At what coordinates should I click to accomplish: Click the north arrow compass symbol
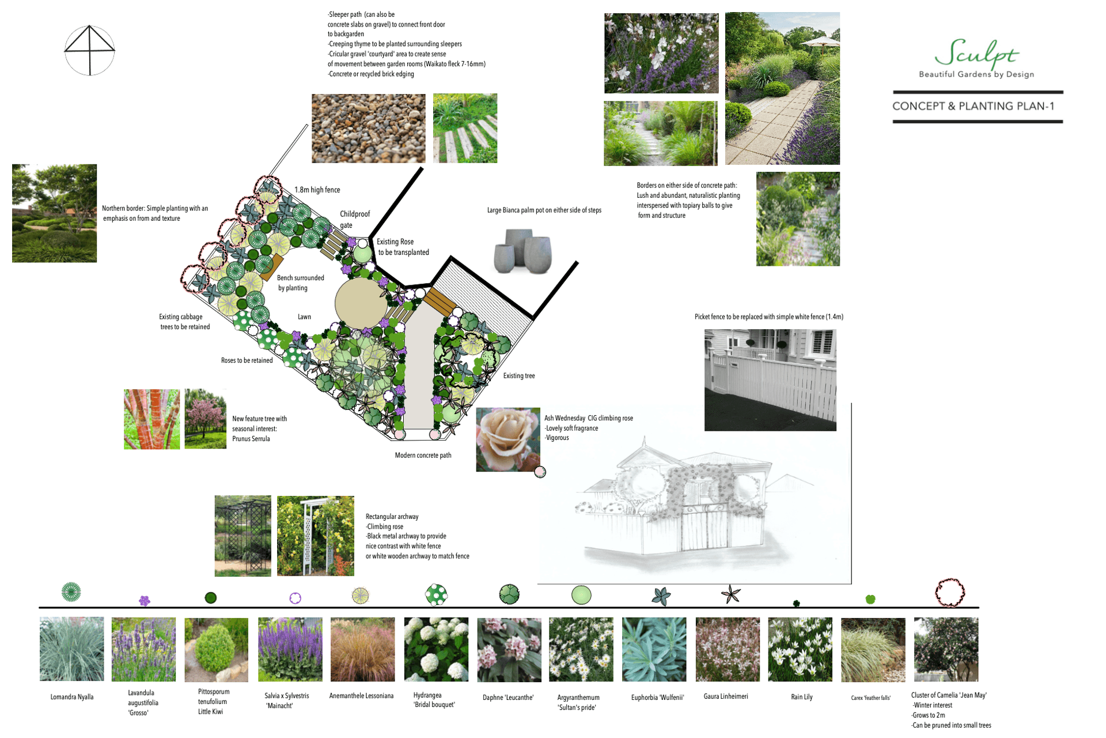coord(89,50)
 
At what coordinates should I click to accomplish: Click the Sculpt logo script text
coord(976,53)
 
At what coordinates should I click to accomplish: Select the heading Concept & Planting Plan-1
coord(973,106)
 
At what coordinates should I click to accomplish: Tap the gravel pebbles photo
coord(368,128)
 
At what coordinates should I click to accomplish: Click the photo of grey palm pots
coord(522,251)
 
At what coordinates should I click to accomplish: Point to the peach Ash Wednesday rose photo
coord(507,439)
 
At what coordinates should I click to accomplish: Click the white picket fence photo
coord(770,380)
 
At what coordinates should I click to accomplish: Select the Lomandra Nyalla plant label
coord(72,697)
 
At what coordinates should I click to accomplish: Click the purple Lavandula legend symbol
coord(145,601)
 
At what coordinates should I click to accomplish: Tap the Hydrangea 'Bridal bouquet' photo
coord(436,649)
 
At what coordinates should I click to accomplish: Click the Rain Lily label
coord(801,697)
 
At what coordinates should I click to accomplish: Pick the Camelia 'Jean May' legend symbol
coord(949,592)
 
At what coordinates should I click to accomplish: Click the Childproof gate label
coord(354,219)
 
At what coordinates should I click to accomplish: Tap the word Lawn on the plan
coord(304,317)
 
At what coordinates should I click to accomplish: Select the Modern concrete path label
coord(423,455)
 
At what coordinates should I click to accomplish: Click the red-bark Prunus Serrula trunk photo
coord(151,419)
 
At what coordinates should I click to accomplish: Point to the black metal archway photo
coord(243,536)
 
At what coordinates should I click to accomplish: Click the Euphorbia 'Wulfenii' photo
coord(654,649)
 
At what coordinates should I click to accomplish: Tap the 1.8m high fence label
coord(317,190)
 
